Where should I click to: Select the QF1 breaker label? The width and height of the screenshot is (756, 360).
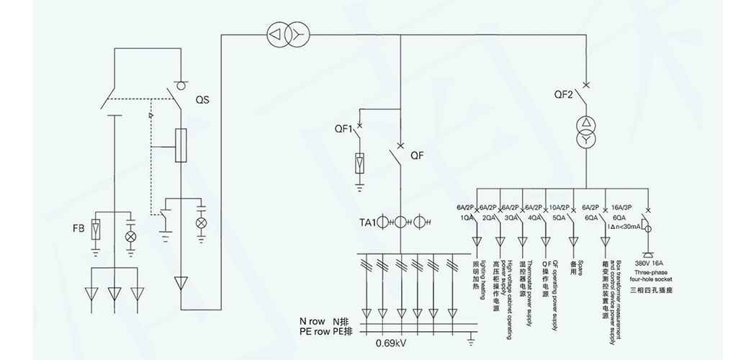click(343, 130)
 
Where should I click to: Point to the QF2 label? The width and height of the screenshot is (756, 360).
click(564, 94)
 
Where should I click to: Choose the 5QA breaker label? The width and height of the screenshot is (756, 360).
click(559, 217)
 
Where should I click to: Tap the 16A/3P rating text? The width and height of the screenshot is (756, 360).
click(624, 207)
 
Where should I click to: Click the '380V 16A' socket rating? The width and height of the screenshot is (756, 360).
click(646, 264)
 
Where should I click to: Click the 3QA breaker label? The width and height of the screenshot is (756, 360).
click(512, 217)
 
